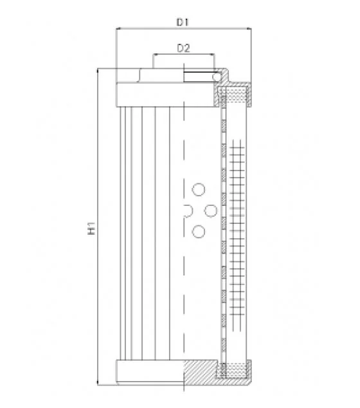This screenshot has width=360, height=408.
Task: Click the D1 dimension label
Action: point(183,23)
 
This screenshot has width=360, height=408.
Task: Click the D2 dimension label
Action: point(183,48)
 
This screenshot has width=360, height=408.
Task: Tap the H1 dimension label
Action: point(91,228)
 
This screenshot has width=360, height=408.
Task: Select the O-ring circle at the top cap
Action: point(216,77)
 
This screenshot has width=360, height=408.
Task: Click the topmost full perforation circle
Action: point(199,189)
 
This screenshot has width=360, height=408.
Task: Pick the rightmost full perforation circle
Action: point(211,210)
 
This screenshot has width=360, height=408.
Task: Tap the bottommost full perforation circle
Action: point(199,232)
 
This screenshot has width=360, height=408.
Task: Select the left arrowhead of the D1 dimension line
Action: point(118,28)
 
